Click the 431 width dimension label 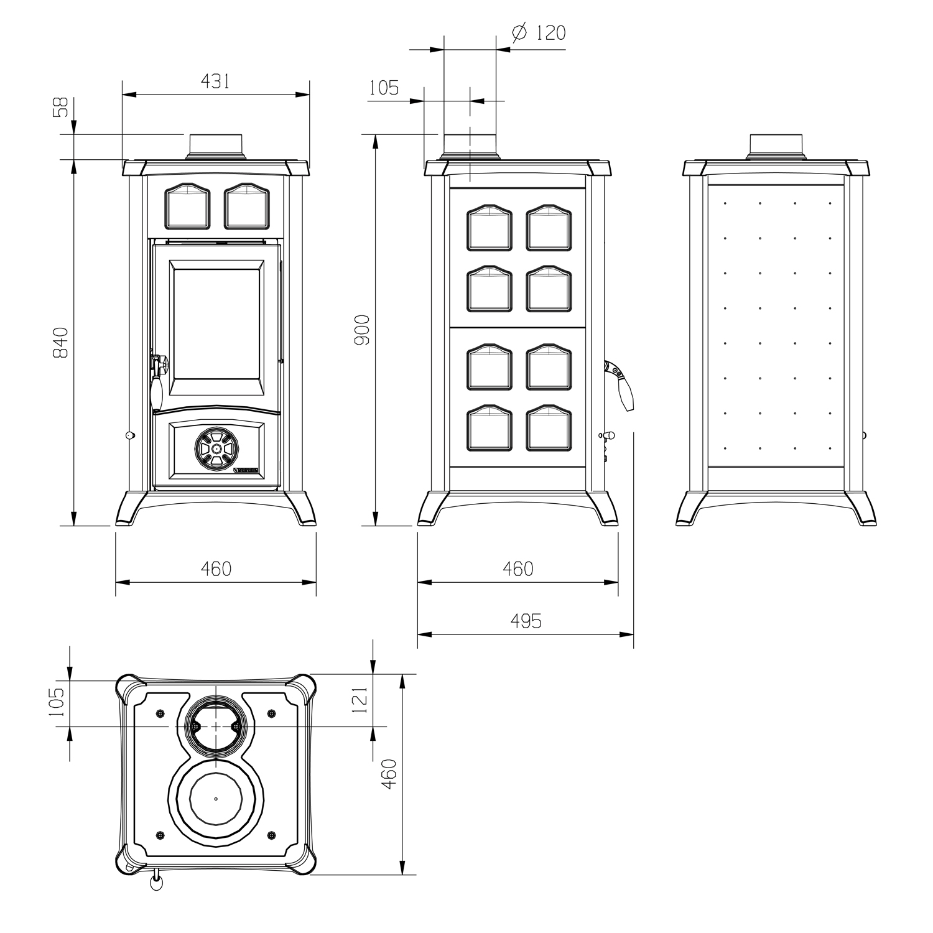coord(215,81)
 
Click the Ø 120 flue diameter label coord(539,32)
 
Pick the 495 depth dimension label coord(526,621)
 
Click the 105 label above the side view coord(384,88)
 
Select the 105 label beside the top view coord(57,702)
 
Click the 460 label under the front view coord(216,569)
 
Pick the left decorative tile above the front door coord(186,206)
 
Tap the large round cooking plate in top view coord(216,799)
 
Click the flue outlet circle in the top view coord(216,726)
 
